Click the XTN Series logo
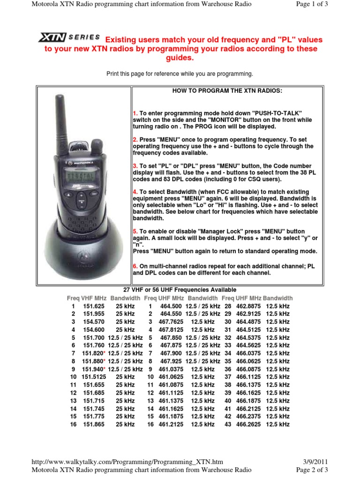[x=69, y=37]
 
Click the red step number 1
[x=135, y=113]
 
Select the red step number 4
[x=135, y=192]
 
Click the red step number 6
[x=135, y=265]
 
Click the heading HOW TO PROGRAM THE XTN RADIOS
[x=227, y=90]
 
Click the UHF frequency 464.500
[x=171, y=306]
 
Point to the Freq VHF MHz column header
[x=87, y=298]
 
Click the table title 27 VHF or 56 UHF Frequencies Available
[x=180, y=290]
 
